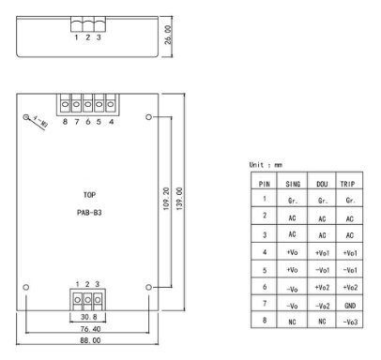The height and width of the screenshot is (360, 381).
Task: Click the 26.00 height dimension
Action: point(168,35)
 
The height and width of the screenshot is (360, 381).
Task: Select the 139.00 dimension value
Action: point(179,199)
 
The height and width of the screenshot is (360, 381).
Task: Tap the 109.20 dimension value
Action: point(166,199)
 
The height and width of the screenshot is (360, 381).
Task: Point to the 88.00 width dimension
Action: point(90,340)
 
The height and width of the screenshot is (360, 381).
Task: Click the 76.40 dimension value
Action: point(90,329)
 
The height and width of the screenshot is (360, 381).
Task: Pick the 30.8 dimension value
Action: point(89,317)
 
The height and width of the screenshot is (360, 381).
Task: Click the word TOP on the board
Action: point(89,195)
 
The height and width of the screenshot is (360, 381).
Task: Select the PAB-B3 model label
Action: point(89,213)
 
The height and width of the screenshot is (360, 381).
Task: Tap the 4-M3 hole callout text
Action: point(40,122)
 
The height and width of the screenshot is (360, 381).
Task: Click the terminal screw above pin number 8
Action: point(65,104)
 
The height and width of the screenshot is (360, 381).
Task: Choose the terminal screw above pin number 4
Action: point(110,104)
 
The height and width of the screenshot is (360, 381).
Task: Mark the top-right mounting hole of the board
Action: point(149,117)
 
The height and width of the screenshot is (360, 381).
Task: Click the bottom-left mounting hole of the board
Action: point(26,287)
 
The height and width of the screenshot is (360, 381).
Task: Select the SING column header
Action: point(293,184)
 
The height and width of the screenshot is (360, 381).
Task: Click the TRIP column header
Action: point(347,184)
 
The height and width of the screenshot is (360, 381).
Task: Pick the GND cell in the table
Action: point(350,306)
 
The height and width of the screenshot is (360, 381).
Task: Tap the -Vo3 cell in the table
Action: point(350,322)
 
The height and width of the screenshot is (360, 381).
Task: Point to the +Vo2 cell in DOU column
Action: point(322,287)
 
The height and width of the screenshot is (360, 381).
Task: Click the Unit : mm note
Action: point(266,165)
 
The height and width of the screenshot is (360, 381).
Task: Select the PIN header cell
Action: point(265,184)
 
